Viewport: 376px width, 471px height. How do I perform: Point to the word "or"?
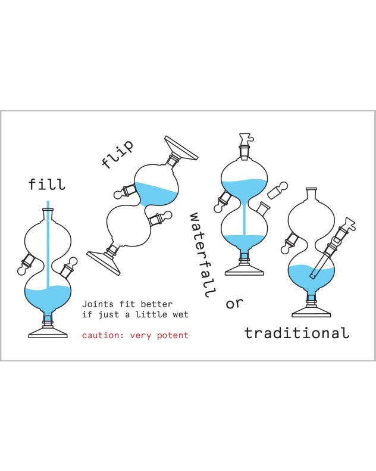pyautogui.click(x=235, y=303)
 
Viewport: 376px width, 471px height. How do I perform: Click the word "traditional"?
pyautogui.click(x=296, y=333)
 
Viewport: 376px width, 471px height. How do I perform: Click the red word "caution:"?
pyautogui.click(x=102, y=335)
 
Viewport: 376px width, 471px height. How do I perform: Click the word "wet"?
pyautogui.click(x=180, y=314)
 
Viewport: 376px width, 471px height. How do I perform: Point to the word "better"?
pyautogui.click(x=157, y=304)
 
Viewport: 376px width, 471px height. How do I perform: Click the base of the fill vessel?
pyautogui.click(x=48, y=332)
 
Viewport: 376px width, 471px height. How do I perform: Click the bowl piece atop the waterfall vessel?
pyautogui.click(x=245, y=139)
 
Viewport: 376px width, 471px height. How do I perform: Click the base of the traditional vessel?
pyautogui.click(x=311, y=311)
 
